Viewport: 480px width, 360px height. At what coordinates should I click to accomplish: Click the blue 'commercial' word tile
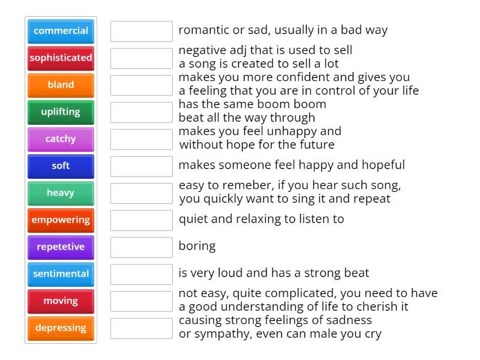pos(61,31)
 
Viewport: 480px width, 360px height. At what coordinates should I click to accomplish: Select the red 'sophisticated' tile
pos(61,58)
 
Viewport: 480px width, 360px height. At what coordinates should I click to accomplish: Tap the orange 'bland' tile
pos(61,85)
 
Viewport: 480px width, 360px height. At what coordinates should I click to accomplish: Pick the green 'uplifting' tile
pos(61,112)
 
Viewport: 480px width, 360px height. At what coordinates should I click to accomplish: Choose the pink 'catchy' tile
pos(61,139)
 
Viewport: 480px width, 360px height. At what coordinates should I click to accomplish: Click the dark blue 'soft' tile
pos(61,166)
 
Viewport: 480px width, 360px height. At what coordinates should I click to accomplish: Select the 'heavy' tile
pos(61,193)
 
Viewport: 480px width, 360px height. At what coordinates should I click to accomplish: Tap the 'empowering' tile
pos(61,220)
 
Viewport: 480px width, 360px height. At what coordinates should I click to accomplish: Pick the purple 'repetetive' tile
pos(61,247)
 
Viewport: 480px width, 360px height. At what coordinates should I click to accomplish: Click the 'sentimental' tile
pos(61,274)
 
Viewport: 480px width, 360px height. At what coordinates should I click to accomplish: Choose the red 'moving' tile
pos(61,301)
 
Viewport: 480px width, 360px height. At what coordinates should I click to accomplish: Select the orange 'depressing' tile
pos(61,328)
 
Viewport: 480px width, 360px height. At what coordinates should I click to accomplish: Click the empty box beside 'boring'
pos(142,247)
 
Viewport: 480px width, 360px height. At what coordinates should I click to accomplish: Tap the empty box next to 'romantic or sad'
pos(142,31)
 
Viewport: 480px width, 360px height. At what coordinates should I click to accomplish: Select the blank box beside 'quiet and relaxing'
pos(142,220)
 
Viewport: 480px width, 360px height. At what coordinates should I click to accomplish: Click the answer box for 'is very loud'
pos(142,274)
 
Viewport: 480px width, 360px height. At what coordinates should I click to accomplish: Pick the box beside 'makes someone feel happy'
pos(142,166)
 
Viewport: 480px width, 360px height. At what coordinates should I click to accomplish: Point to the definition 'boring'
pos(197,246)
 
